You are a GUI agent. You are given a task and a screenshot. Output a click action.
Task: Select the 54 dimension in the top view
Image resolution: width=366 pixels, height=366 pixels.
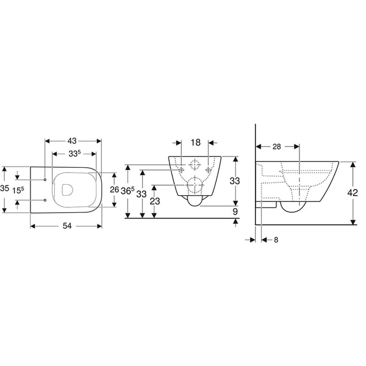pos(67,226)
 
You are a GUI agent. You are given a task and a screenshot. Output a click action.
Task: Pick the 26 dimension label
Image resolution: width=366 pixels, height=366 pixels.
pos(113,189)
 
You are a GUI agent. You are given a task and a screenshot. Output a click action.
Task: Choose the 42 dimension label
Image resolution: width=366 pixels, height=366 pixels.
pos(353,193)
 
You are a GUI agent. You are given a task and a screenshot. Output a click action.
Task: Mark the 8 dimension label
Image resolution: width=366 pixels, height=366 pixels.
pos(276,240)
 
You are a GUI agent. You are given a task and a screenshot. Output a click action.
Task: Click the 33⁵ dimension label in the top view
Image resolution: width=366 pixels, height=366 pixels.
pos(74,154)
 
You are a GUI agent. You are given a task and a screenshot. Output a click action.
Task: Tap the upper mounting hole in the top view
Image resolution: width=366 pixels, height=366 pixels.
pos(46,180)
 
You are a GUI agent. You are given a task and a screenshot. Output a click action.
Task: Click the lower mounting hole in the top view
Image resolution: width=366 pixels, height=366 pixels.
pos(46,200)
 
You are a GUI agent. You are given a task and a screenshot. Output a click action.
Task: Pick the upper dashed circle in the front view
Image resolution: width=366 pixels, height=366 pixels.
pos(195,165)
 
